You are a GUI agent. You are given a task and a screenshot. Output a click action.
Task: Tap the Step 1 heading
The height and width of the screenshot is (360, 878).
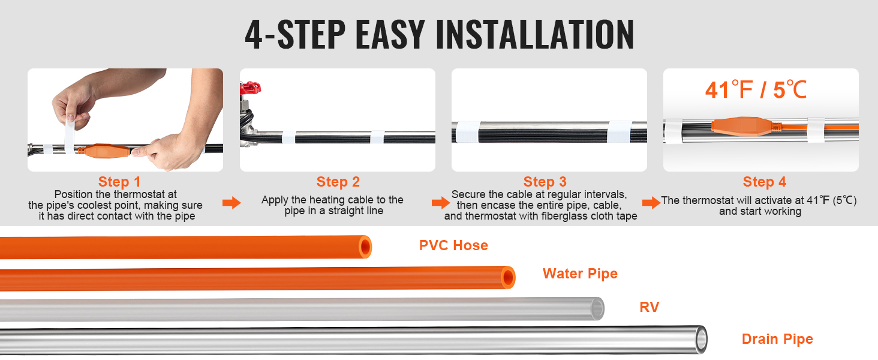[x=119, y=182]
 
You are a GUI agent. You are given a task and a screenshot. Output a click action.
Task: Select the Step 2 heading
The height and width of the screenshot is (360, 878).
[x=338, y=182]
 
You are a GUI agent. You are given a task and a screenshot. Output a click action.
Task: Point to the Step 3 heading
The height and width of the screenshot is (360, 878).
[x=545, y=182]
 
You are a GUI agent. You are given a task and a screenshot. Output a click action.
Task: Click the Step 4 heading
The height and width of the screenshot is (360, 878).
[x=764, y=182]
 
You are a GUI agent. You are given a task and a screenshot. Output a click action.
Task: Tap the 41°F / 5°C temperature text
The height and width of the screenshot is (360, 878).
[x=756, y=90]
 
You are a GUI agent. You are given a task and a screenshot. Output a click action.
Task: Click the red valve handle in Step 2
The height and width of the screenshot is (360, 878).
[x=250, y=88]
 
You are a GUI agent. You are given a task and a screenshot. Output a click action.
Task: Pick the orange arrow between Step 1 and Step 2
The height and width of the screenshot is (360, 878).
[x=231, y=203]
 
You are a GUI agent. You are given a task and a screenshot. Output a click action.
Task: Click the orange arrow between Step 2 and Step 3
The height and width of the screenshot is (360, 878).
[x=441, y=203]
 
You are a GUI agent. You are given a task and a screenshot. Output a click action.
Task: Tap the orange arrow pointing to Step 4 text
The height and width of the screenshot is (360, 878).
[x=651, y=203]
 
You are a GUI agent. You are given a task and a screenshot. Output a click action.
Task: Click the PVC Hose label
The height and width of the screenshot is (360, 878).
[x=453, y=245]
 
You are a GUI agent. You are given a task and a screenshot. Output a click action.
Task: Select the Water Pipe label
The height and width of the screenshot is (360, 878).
[x=580, y=274]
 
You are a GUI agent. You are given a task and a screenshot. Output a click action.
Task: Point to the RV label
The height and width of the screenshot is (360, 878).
[x=649, y=307]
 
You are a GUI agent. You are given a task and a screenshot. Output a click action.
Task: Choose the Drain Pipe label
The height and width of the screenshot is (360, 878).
[x=777, y=339]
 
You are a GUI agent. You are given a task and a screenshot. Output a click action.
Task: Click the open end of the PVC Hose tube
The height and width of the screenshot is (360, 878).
[x=365, y=247]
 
